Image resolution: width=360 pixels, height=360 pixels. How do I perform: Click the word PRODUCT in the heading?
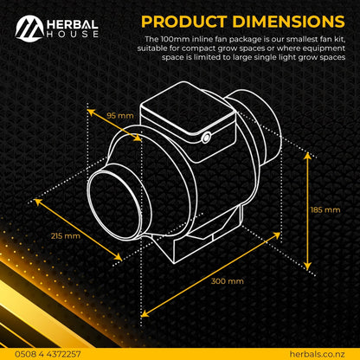(183, 21)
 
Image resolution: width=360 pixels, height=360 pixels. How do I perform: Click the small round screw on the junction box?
(208, 137)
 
